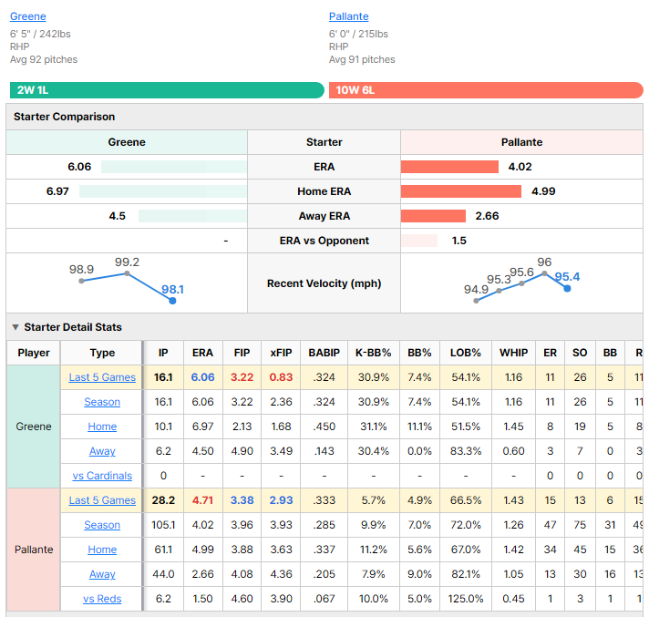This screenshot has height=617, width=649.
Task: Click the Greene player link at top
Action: (x=27, y=16)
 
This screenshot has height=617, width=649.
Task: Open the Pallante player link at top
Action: (x=348, y=16)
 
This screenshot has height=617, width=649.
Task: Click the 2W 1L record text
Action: (x=33, y=90)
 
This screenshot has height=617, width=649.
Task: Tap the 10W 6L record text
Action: (x=355, y=90)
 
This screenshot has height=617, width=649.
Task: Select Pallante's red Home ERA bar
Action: (x=460, y=191)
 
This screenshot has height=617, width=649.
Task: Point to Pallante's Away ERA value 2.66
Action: (x=487, y=216)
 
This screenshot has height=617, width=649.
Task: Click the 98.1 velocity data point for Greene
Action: (x=172, y=301)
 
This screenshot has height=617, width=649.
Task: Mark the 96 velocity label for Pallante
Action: (x=544, y=262)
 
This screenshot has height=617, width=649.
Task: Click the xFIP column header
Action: (x=281, y=353)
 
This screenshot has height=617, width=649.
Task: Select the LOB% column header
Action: (x=466, y=353)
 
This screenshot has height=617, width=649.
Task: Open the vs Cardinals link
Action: (x=102, y=476)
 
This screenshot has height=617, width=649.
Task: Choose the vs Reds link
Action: (x=102, y=599)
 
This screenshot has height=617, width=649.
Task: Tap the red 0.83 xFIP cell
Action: (x=281, y=377)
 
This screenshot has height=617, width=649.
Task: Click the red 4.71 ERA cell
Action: (x=202, y=500)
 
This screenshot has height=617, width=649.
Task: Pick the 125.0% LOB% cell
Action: (x=466, y=599)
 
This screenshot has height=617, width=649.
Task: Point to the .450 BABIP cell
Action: (x=324, y=427)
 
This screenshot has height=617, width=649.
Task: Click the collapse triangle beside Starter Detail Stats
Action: (x=15, y=327)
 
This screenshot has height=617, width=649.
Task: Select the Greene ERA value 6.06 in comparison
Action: (x=79, y=167)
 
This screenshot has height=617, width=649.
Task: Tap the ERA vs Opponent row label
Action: (x=324, y=241)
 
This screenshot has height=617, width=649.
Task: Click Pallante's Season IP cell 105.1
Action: (x=163, y=525)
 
